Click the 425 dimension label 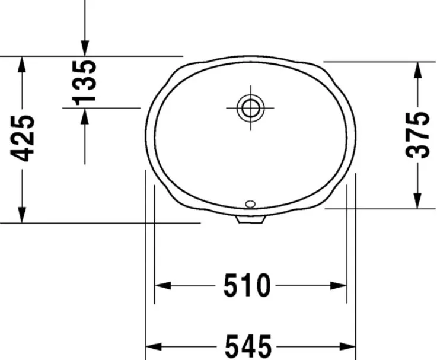click(x=23, y=138)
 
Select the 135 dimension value click(x=84, y=82)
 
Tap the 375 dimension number click(x=417, y=135)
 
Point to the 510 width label click(x=247, y=285)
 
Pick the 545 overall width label click(x=248, y=346)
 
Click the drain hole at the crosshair click(x=250, y=108)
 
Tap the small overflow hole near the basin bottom click(x=250, y=204)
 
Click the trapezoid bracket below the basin click(x=250, y=219)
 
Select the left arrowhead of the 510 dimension click(x=162, y=285)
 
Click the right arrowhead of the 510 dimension click(x=339, y=285)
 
